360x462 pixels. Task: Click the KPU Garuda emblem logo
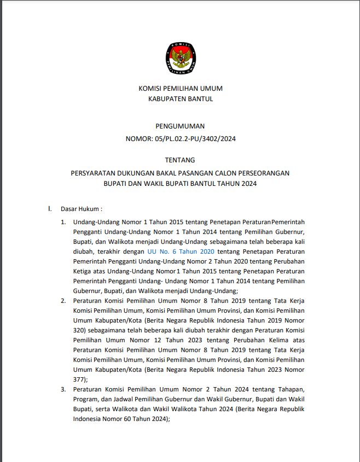coord(180,57)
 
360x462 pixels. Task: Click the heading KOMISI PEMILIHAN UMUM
coord(180,89)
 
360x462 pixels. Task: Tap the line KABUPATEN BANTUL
coord(181,99)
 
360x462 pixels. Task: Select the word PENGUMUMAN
coord(180,126)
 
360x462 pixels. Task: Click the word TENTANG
coord(180,160)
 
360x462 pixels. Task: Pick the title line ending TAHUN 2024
coord(180,184)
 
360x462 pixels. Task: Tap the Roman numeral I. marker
coord(50,209)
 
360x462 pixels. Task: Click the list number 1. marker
coord(63,222)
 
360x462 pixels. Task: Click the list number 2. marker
coord(63,301)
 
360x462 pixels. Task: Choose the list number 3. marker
coord(63,389)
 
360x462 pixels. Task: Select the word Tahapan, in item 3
coord(291,389)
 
